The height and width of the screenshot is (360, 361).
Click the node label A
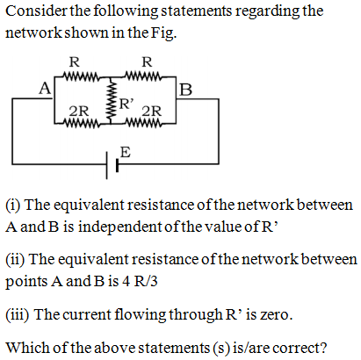(x=45, y=88)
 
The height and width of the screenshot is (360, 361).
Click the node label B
(x=186, y=90)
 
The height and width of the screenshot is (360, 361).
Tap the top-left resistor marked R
(x=82, y=77)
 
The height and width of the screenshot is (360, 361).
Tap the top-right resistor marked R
(x=143, y=77)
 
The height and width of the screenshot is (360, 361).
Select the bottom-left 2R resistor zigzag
(x=82, y=124)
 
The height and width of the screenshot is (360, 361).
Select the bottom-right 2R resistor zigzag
(x=143, y=124)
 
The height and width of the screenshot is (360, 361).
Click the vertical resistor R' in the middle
(x=111, y=100)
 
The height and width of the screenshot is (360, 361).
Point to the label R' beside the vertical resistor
(x=126, y=104)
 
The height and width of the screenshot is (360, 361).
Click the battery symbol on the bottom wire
(x=112, y=165)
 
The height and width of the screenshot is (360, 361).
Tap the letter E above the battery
(x=126, y=152)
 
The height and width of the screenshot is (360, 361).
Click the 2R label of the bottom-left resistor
(x=79, y=112)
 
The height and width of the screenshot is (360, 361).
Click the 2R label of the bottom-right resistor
(x=152, y=112)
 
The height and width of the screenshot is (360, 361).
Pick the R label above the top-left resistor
(x=75, y=62)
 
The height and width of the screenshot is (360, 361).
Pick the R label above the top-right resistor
(x=147, y=62)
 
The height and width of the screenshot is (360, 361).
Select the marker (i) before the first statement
(x=13, y=205)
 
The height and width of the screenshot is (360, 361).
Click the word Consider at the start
(x=36, y=11)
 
